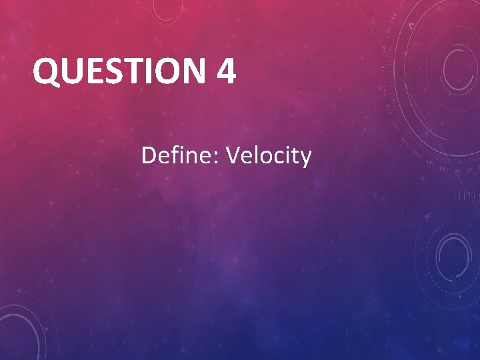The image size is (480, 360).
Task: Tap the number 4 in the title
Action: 226,71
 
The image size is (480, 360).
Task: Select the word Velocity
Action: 269,156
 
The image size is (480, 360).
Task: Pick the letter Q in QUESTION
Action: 45,71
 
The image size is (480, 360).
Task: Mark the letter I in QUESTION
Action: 141,71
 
